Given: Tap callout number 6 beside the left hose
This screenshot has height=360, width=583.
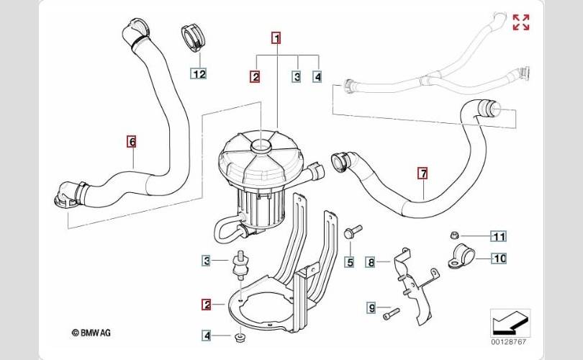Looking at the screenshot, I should pyautogui.click(x=132, y=142).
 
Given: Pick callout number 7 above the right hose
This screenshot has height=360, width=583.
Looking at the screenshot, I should pyautogui.click(x=422, y=173).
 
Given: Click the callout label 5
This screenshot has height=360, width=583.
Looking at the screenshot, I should pyautogui.click(x=350, y=262).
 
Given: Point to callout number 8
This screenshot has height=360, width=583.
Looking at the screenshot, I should pyautogui.click(x=371, y=262).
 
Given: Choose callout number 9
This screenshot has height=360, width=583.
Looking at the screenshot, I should pyautogui.click(x=371, y=308).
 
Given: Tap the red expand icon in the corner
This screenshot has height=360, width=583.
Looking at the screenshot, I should pyautogui.click(x=520, y=22).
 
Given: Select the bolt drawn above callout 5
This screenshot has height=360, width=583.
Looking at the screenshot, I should pyautogui.click(x=353, y=233).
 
